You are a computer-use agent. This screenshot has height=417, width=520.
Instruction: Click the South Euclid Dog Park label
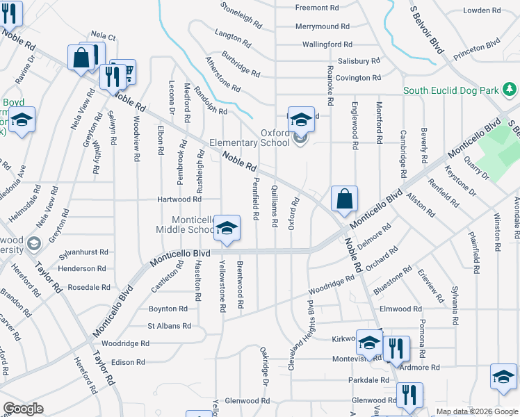pyautogui.click(x=451, y=90)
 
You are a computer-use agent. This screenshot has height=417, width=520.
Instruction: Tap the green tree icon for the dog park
pyautogui.click(x=510, y=89)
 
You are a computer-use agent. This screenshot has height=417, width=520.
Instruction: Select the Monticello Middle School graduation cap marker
pyautogui.click(x=227, y=228)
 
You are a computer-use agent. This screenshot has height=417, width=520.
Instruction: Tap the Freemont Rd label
pyautogui.click(x=316, y=8)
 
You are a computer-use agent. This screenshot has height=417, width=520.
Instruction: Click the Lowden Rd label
pyautogui.click(x=482, y=10)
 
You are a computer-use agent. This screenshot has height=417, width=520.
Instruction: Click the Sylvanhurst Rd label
pyautogui.click(x=84, y=252)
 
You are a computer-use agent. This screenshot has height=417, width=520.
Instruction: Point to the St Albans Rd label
pyautogui.click(x=169, y=325)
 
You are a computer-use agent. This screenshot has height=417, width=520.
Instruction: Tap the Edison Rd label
pyautogui.click(x=128, y=362)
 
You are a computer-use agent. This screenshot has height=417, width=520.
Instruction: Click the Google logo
pyautogui.click(x=23, y=409)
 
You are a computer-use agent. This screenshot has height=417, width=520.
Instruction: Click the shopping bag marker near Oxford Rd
pyautogui.click(x=344, y=199)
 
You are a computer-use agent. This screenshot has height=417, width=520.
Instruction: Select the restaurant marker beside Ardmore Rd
pyautogui.click(x=396, y=348)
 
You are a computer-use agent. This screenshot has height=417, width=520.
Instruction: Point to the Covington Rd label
pyautogui.click(x=357, y=78)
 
